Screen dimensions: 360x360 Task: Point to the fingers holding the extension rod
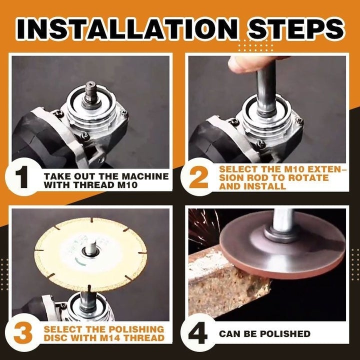coord(250,62)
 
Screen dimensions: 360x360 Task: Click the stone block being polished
coord(225,285)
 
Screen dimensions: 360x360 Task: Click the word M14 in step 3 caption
coord(113,337)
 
